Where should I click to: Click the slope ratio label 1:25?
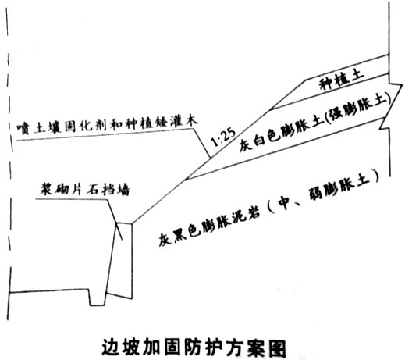(224, 137)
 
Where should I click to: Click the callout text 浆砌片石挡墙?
(85, 189)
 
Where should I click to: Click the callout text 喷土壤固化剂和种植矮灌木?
(107, 125)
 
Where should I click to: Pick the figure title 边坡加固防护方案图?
(194, 348)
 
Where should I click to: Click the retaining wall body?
(120, 260)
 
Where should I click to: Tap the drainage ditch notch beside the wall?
(96, 298)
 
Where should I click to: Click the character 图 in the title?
(277, 348)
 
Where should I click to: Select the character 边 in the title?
(111, 348)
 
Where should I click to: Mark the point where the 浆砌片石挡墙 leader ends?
(122, 240)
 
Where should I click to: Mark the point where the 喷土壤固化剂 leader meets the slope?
(210, 158)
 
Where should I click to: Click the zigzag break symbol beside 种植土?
(395, 84)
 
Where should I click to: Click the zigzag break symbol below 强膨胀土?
(387, 123)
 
